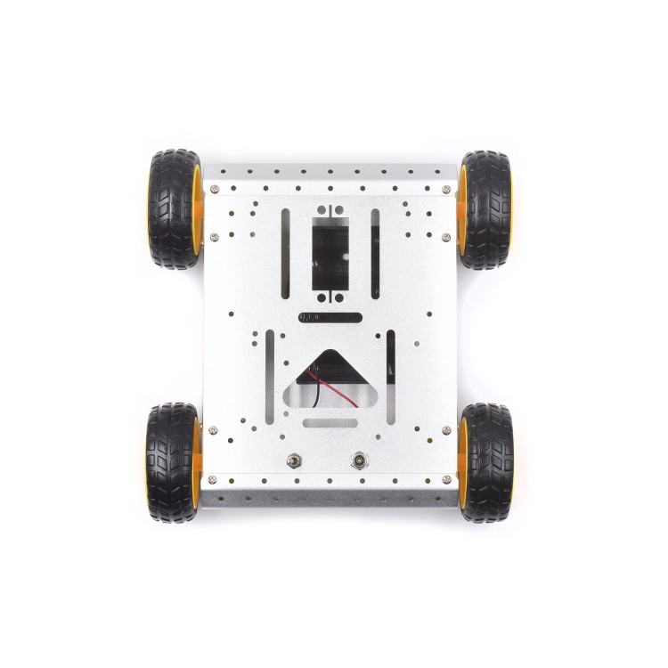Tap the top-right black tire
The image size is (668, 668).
(486, 209)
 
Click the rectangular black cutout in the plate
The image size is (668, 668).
(330, 254)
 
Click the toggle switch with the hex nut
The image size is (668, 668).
(294, 460)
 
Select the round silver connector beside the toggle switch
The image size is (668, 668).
(360, 460)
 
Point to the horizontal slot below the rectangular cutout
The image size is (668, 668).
(330, 316)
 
